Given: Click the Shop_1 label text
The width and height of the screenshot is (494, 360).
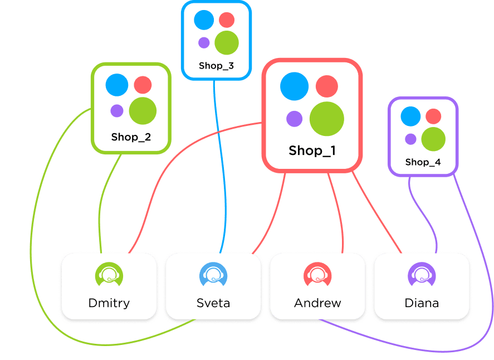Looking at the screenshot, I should pyautogui.click(x=312, y=150).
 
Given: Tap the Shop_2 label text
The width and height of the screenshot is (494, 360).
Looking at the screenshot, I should pyautogui.click(x=131, y=137).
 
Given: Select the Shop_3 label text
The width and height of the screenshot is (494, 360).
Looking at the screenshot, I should pyautogui.click(x=216, y=66).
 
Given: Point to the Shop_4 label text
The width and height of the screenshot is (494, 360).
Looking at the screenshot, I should pyautogui.click(x=422, y=162).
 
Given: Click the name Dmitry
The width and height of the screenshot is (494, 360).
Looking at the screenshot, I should pyautogui.click(x=109, y=304).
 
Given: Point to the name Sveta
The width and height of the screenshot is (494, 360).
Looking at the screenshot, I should pyautogui.click(x=213, y=304).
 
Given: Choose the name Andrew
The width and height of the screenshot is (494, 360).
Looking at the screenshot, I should pyautogui.click(x=317, y=304).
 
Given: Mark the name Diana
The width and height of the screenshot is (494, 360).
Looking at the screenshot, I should pyautogui.click(x=422, y=304).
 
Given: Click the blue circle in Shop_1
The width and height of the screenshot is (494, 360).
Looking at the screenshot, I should pyautogui.click(x=294, y=86).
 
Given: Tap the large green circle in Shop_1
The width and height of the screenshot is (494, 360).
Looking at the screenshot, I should pyautogui.click(x=327, y=119).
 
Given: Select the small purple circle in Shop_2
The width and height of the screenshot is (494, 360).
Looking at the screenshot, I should pyautogui.click(x=116, y=111).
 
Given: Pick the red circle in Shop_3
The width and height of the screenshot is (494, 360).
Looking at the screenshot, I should pyautogui.click(x=227, y=20).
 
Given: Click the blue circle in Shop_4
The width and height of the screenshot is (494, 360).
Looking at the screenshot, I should pyautogui.click(x=410, y=116).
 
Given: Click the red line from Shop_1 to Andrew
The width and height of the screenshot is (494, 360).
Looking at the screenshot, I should pyautogui.click(x=336, y=212).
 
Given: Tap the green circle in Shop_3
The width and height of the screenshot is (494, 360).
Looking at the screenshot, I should pyautogui.click(x=227, y=42).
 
